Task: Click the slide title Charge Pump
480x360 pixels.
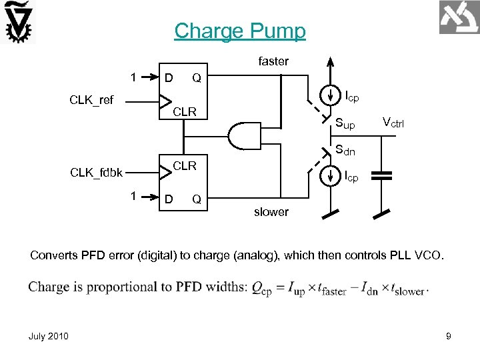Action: click(x=240, y=31)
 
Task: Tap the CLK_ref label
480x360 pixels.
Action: click(x=91, y=101)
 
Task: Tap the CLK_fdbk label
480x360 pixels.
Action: click(x=96, y=173)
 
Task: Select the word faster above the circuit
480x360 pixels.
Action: click(x=273, y=61)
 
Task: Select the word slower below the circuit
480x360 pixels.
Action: click(x=271, y=212)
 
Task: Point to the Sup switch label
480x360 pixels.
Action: click(x=345, y=124)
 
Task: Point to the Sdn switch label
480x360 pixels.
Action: click(x=345, y=151)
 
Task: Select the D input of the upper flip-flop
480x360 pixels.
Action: click(x=169, y=78)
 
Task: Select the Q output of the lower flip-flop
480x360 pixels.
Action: click(x=197, y=199)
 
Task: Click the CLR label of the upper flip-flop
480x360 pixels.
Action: click(x=185, y=111)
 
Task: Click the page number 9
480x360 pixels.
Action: click(x=449, y=337)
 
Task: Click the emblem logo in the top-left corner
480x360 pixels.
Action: click(x=19, y=23)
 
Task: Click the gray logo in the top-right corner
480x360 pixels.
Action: click(x=459, y=17)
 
